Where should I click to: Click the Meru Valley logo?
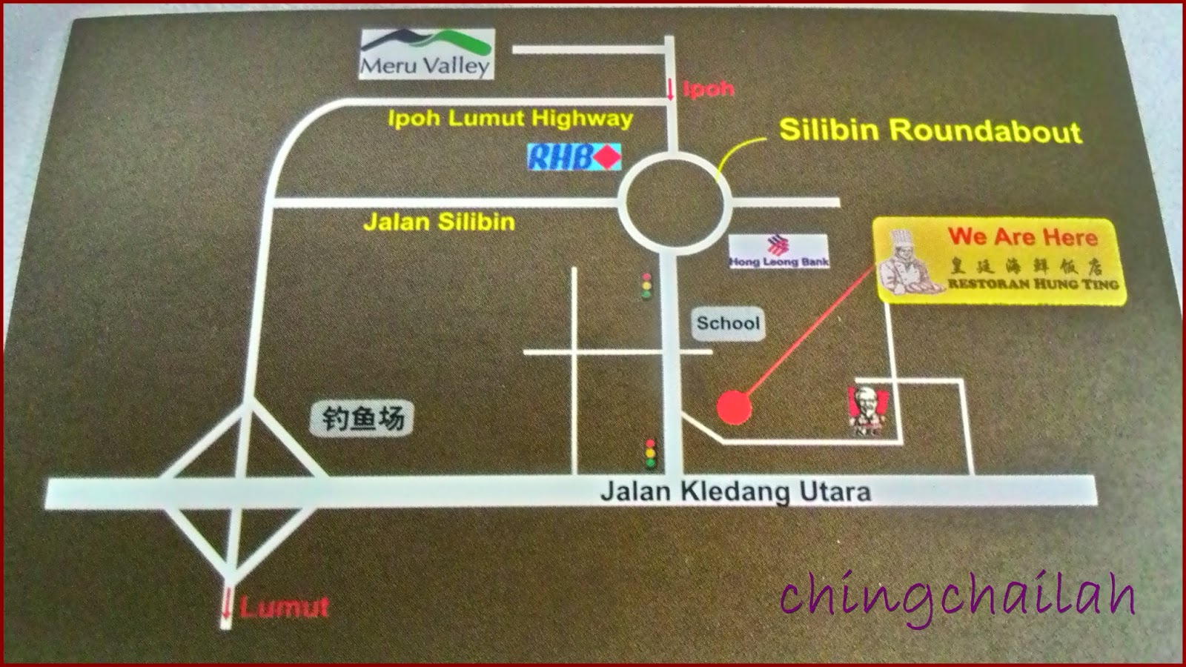tap(426, 53)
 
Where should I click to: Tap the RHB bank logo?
tap(574, 157)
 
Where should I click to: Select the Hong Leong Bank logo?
tap(778, 252)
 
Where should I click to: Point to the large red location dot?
tap(734, 408)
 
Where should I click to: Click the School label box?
tap(728, 323)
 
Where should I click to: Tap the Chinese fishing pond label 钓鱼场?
tap(362, 419)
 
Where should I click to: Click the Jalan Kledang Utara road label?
tap(735, 491)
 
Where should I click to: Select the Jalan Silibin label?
tap(439, 222)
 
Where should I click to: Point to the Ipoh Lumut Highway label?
tap(510, 119)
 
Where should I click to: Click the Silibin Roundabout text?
tap(930, 131)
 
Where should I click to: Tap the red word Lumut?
tap(284, 608)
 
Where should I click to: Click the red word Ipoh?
tap(708, 89)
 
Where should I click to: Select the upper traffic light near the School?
tap(647, 285)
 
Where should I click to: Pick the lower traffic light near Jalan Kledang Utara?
tap(651, 452)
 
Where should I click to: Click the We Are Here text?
tap(1022, 237)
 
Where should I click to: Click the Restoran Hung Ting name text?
tap(1033, 284)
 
